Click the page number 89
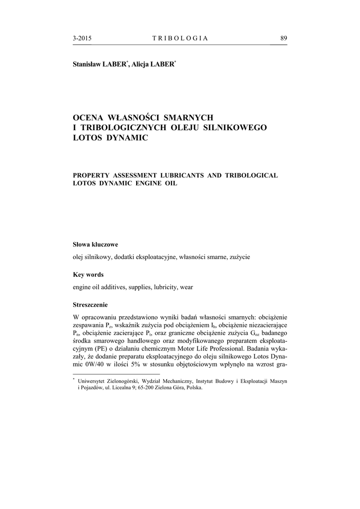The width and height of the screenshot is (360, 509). click(283, 38)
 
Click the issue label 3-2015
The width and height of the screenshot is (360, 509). click(82, 38)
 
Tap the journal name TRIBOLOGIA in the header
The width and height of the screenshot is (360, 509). click(180, 38)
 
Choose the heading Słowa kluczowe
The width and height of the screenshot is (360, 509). click(95, 245)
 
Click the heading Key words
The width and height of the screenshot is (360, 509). click(89, 275)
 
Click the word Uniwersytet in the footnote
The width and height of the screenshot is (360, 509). click(93, 380)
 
